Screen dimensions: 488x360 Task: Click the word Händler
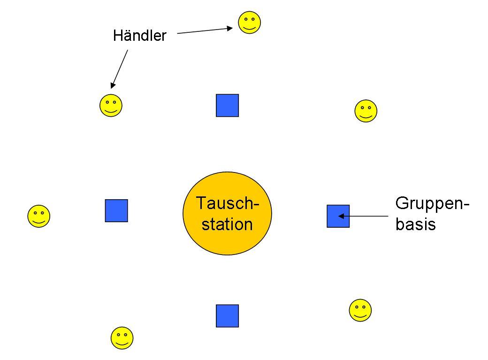[140, 36]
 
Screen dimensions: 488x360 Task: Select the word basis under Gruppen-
[415, 224]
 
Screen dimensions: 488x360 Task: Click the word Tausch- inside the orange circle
[228, 203]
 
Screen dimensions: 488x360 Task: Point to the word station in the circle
[227, 224]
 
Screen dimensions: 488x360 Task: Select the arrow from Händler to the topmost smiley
[205, 30]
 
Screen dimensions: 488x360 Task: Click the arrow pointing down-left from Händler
[119, 69]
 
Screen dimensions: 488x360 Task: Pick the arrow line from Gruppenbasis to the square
[363, 216]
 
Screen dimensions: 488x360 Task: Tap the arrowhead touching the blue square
[341, 216]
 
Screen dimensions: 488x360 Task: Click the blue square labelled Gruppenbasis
[338, 216]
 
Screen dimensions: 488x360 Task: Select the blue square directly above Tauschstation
[227, 105]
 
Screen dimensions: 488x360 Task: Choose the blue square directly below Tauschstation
[227, 316]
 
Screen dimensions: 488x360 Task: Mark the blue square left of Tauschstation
[116, 210]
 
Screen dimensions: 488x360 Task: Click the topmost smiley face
[249, 22]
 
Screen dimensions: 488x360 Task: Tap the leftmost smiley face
[39, 216]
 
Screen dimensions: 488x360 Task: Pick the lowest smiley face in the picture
[122, 338]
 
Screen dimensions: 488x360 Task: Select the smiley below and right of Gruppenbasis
[360, 310]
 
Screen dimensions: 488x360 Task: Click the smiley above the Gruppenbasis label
[366, 111]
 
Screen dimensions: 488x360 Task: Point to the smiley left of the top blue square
[111, 105]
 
